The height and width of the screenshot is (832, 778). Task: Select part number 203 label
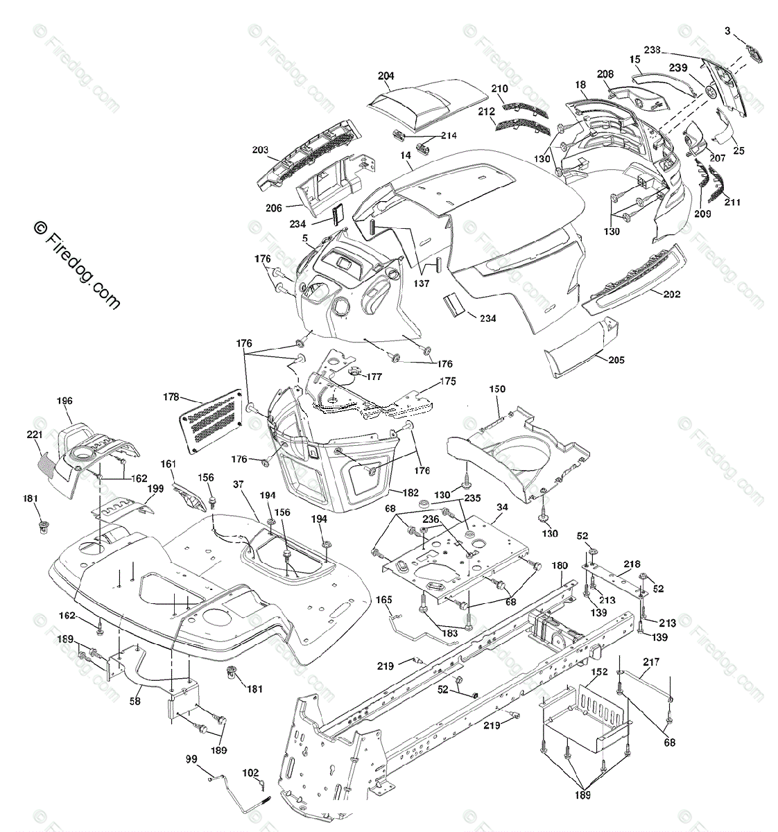tap(260, 149)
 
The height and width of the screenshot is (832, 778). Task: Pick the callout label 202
tap(671, 294)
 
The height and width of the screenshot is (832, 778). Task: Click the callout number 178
tap(171, 397)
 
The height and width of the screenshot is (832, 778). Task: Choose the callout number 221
tap(35, 435)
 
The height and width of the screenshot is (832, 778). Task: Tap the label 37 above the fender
tap(239, 485)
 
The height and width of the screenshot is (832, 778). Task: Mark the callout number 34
tap(502, 508)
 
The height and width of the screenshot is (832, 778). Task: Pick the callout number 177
tap(374, 376)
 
